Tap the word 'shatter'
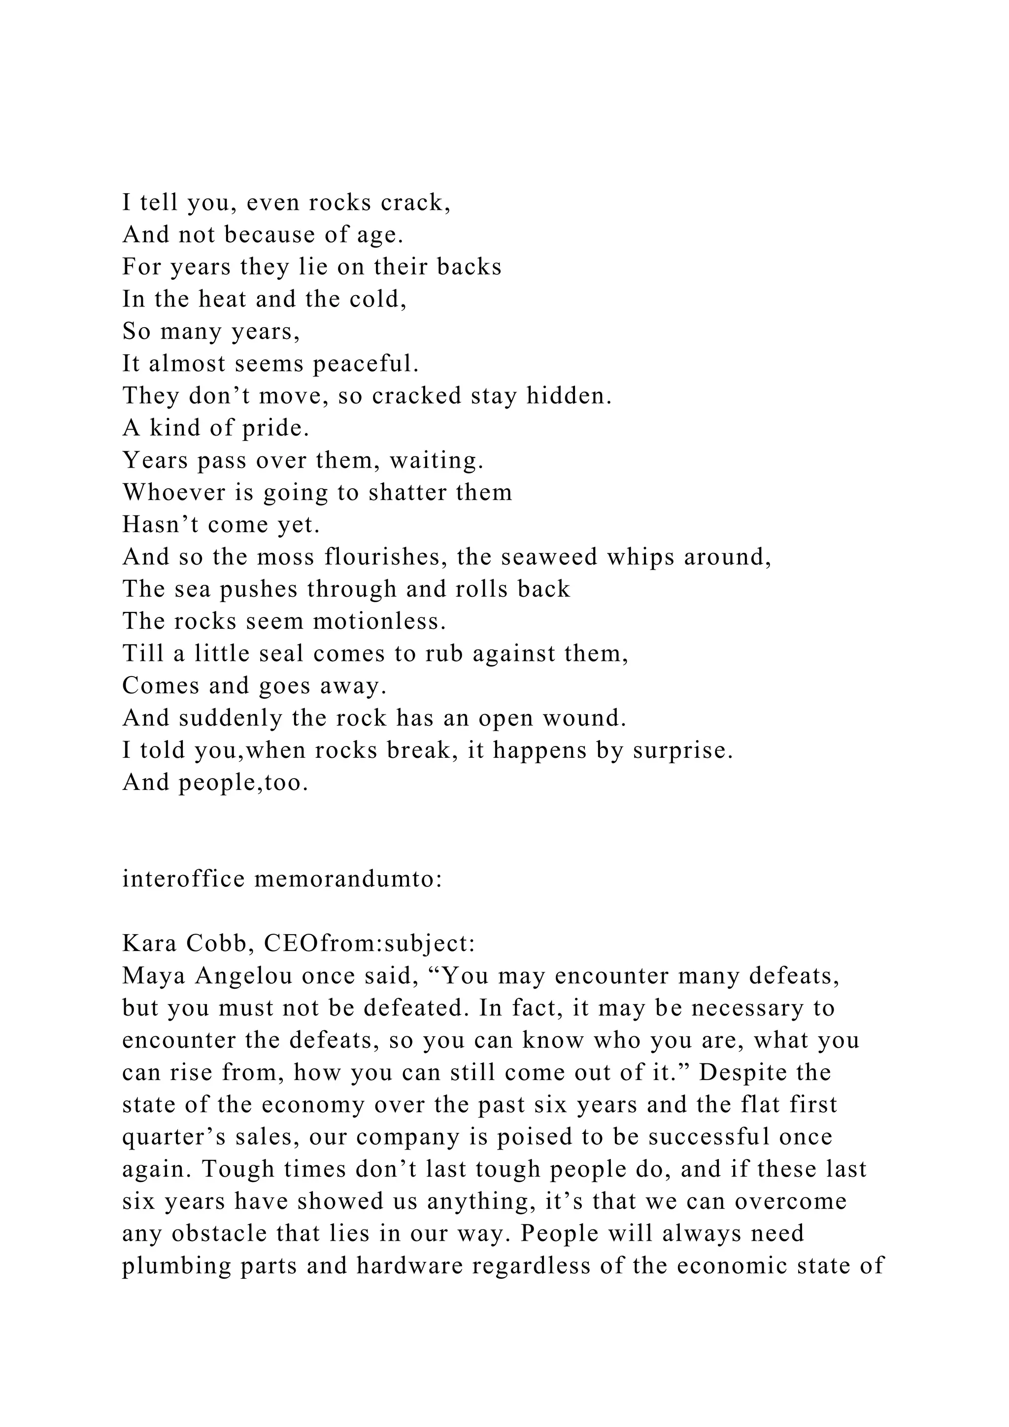coord(408,493)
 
